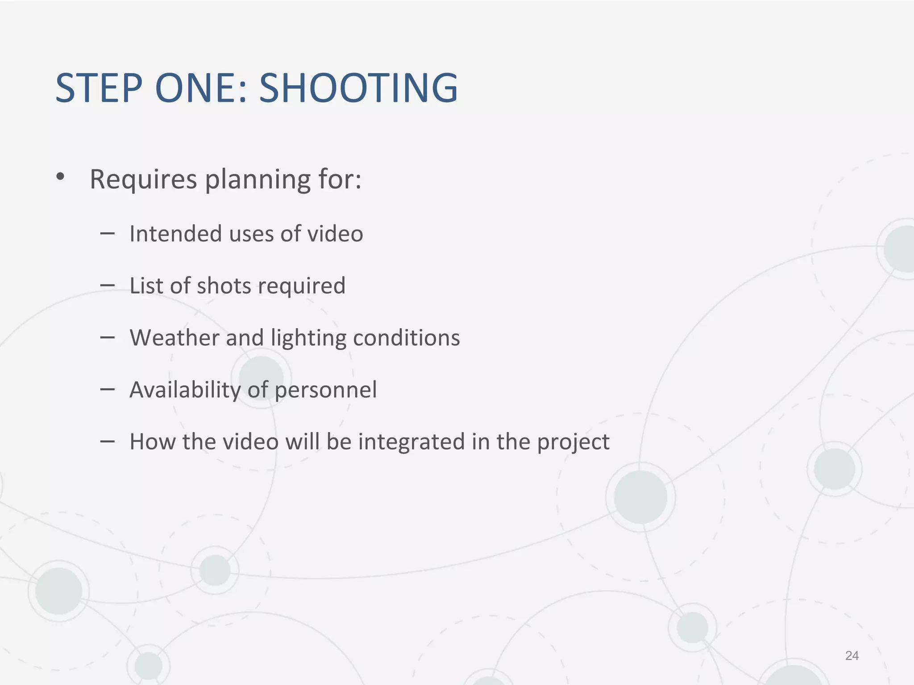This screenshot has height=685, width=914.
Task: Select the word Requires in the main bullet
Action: coord(143,180)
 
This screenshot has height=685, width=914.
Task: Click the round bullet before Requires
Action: coord(61,177)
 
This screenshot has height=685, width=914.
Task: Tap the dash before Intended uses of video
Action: coord(108,232)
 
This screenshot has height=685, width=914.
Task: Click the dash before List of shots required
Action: coord(108,285)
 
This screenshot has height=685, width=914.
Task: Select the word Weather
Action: coord(174,338)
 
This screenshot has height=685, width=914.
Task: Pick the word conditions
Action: coord(406,338)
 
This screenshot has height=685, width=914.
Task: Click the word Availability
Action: coord(185,390)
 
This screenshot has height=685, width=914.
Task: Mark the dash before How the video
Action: coord(108,441)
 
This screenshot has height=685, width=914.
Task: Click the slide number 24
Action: coord(852,656)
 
